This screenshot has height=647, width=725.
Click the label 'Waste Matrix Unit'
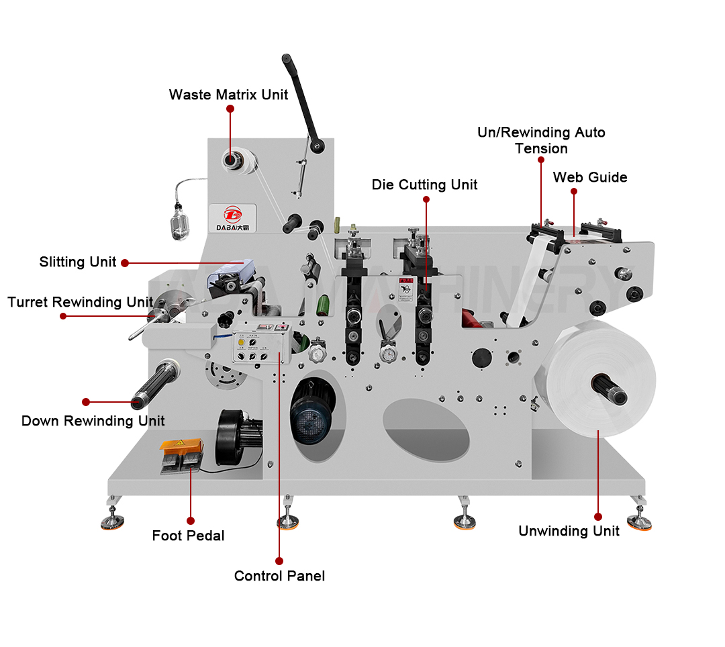pyautogui.click(x=228, y=95)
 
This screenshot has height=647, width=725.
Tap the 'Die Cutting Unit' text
pyautogui.click(x=424, y=185)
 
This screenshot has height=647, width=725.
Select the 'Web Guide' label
pyautogui.click(x=590, y=177)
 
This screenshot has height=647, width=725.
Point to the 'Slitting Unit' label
pyautogui.click(x=78, y=262)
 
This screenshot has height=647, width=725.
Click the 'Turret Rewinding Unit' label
pyautogui.click(x=81, y=302)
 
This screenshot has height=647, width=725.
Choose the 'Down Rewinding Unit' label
pyautogui.click(x=93, y=421)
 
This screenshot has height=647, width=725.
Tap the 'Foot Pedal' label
pyautogui.click(x=188, y=536)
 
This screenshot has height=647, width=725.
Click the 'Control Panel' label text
pyautogui.click(x=279, y=576)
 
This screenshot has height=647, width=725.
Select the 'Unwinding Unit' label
pyautogui.click(x=569, y=531)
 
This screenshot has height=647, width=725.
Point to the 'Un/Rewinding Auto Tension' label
pyautogui.click(x=541, y=140)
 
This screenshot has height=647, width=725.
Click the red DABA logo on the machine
pyautogui.click(x=232, y=214)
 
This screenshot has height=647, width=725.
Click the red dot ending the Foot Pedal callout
pyautogui.click(x=191, y=520)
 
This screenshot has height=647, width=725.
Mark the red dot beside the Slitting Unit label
pyautogui.click(x=124, y=263)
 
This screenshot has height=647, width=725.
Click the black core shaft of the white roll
pyautogui.click(x=610, y=389)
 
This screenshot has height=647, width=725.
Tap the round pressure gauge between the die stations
pyautogui.click(x=386, y=354)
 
